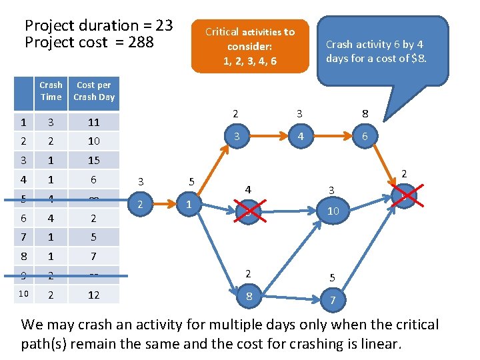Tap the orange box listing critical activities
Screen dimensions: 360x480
[x=250, y=46]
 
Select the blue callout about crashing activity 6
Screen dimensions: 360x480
[x=383, y=51]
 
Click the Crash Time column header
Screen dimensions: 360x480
[x=51, y=91]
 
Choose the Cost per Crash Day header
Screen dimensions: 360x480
[x=94, y=91]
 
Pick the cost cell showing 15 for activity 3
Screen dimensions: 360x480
[x=94, y=161]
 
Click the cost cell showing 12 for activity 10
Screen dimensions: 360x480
[x=94, y=294]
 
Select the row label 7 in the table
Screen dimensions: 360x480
[x=23, y=237]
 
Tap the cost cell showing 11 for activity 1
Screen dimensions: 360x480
[x=94, y=122]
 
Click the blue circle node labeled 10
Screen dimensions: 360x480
[x=333, y=211]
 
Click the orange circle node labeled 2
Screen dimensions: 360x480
[x=140, y=204]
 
